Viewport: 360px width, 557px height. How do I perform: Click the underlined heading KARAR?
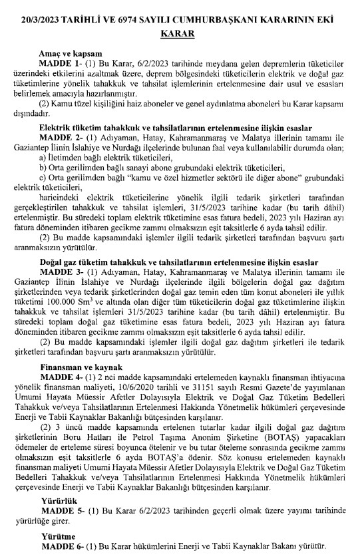pos(180,31)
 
